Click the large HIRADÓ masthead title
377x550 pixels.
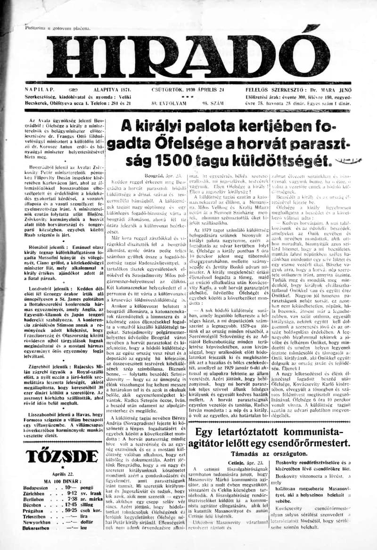(188, 56)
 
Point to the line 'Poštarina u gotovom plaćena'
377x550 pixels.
(58, 29)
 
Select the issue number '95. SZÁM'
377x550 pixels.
(211, 102)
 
